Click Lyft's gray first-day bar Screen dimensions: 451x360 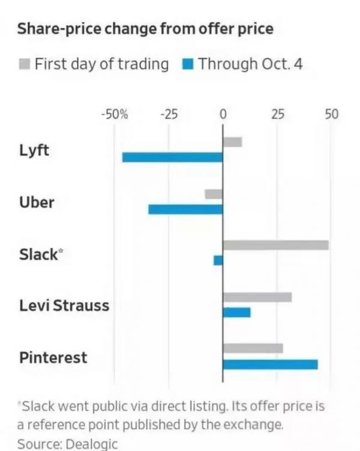pyautogui.click(x=232, y=142)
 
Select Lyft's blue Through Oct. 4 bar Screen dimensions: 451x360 pyautogui.click(x=172, y=157)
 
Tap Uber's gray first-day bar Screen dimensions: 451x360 pyautogui.click(x=214, y=194)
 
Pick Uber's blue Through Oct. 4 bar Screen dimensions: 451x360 pyautogui.click(x=185, y=210)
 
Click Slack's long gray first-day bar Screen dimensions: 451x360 pyautogui.click(x=275, y=245)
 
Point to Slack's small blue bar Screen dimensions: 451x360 pyautogui.click(x=218, y=260)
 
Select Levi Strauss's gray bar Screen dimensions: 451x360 pyautogui.click(x=257, y=297)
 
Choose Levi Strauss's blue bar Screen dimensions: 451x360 pyautogui.click(x=236, y=312)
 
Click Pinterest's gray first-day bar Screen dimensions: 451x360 pyautogui.click(x=253, y=348)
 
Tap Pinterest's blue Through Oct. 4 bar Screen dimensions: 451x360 pyautogui.click(x=270, y=364)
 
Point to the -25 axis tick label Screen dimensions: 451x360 pyautogui.click(x=169, y=114)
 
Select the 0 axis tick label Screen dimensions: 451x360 pyautogui.click(x=223, y=114)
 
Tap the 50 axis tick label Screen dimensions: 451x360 pyautogui.click(x=332, y=114)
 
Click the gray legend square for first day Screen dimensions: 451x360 pyautogui.click(x=24, y=64)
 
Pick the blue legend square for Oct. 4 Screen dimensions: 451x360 pyautogui.click(x=187, y=64)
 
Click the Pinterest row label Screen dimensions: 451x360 pyautogui.click(x=53, y=357)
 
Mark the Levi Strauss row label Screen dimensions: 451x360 pyautogui.click(x=64, y=305)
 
